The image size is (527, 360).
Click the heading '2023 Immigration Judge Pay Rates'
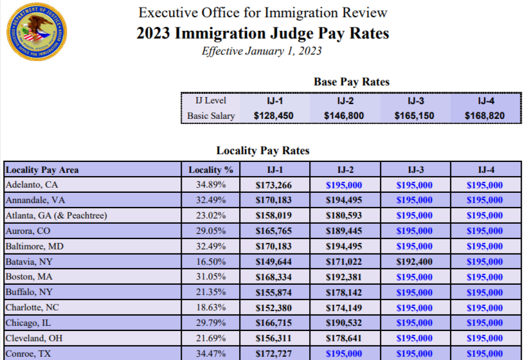[x=263, y=33]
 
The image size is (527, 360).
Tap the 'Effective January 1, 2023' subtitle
[x=262, y=51]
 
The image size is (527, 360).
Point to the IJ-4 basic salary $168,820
[x=485, y=116]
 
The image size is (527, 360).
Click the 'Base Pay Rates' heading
[x=352, y=82]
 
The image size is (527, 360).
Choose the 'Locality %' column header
[x=211, y=170]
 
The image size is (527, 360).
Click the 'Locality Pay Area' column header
[x=42, y=170]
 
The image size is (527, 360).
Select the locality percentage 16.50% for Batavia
[x=211, y=262]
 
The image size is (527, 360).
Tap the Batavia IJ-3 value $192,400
[x=415, y=262]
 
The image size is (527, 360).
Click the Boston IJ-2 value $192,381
[x=345, y=277]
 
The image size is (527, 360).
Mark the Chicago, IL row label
[x=30, y=323]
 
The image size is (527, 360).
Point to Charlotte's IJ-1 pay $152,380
[x=275, y=307]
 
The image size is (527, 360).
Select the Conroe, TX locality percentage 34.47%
[x=211, y=354]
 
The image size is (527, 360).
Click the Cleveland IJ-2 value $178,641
[x=345, y=338]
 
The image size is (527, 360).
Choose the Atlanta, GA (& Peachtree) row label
[x=56, y=216]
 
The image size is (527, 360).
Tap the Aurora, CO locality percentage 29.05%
[x=211, y=231]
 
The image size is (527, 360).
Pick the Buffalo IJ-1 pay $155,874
[x=275, y=292]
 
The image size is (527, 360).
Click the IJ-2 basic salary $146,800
[x=345, y=116]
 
